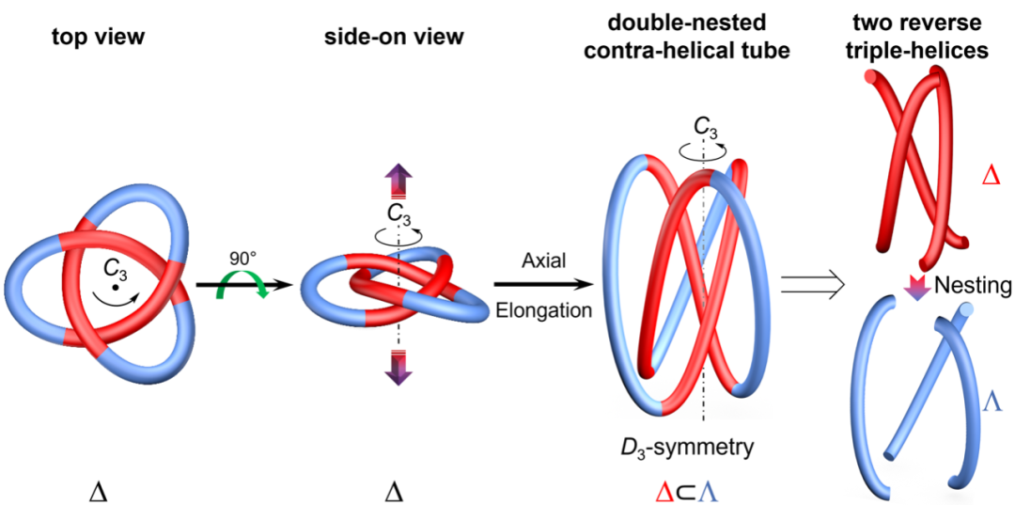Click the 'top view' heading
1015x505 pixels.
click(99, 39)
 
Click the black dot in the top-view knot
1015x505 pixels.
click(114, 287)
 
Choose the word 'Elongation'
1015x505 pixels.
click(544, 310)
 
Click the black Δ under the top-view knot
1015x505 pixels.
click(102, 493)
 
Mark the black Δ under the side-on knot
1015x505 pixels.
click(394, 493)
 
